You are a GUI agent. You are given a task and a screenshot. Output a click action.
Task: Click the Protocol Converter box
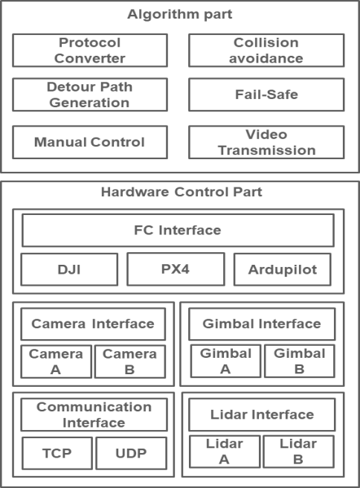90,51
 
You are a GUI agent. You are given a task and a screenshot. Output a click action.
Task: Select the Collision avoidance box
266,51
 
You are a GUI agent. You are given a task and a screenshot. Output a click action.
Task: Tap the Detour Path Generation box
90,94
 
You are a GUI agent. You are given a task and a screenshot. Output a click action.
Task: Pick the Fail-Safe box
266,94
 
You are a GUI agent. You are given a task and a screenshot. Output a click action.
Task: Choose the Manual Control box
90,142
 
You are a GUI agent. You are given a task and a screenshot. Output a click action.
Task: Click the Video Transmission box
266,142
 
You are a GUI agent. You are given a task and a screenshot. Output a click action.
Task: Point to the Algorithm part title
180,14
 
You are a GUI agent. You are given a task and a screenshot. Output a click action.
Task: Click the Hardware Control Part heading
181,192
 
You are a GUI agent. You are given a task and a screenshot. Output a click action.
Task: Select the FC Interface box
178,231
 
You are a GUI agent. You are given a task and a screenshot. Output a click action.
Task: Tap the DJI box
69,269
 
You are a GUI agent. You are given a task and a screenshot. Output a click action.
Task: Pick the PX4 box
176,269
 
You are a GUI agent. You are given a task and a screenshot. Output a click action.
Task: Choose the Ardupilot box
283,269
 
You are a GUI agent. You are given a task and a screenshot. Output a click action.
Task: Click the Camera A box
56,362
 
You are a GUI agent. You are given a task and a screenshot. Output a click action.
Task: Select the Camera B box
130,362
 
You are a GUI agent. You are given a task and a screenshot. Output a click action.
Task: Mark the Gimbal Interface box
262,324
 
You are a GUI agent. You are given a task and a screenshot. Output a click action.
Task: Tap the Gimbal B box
300,361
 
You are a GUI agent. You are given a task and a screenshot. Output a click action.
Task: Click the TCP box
57,453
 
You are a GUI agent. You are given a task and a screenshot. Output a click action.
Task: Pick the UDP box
132,453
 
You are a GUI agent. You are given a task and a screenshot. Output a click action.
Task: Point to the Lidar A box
225,452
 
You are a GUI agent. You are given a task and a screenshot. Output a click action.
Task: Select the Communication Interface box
94,415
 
